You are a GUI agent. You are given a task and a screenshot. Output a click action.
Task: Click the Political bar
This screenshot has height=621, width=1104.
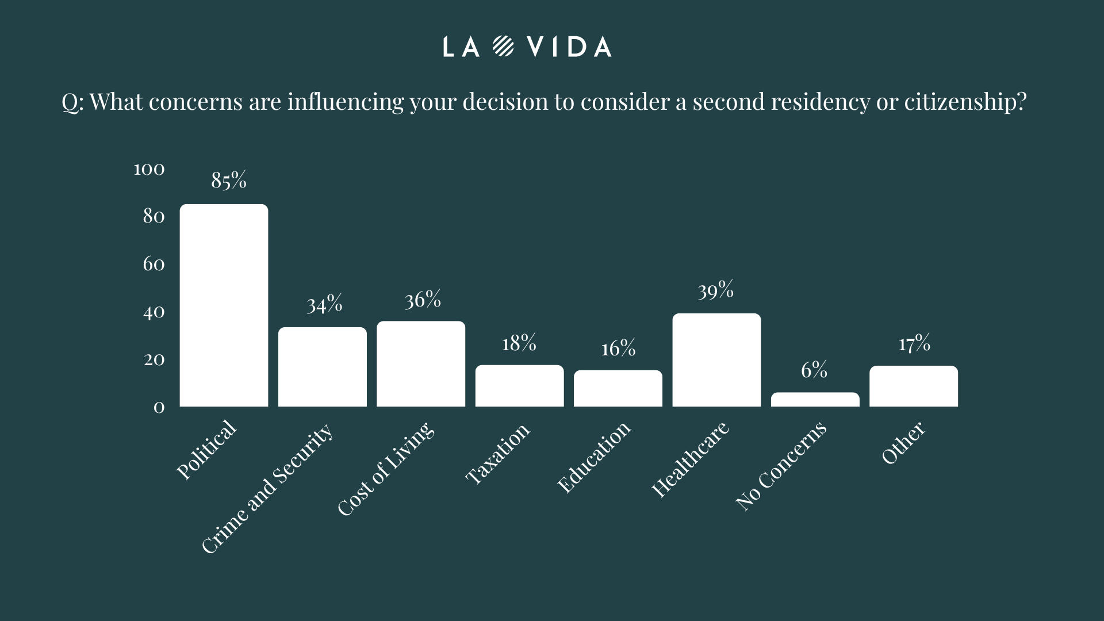tap(224, 305)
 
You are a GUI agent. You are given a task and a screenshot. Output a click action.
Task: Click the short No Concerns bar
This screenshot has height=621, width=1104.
tap(815, 400)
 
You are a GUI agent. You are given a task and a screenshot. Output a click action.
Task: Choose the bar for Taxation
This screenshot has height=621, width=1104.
tap(519, 386)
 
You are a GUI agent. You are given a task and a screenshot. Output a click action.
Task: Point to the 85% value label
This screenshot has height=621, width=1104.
tap(229, 180)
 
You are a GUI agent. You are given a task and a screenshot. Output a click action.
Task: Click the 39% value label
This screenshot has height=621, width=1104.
tap(716, 290)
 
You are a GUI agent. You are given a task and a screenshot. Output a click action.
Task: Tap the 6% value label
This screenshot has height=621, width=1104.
tap(814, 370)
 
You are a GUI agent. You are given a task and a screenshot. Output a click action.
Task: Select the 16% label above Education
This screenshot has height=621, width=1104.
tap(618, 348)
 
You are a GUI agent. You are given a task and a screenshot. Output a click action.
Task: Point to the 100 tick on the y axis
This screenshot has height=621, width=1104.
tap(149, 169)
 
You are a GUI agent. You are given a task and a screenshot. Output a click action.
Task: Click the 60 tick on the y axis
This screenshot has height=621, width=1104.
tap(154, 264)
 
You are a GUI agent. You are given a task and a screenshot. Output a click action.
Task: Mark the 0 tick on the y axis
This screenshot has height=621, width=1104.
tap(159, 407)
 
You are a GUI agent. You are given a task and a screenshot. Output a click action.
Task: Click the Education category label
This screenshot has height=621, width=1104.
tap(594, 457)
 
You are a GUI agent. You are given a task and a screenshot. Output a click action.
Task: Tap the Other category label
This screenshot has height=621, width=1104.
tap(903, 443)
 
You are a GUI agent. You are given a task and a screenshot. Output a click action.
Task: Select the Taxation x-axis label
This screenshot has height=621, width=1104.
tap(497, 454)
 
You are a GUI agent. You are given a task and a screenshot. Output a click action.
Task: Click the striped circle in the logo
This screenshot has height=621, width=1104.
tap(503, 47)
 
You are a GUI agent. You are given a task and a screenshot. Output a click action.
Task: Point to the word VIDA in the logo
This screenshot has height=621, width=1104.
tap(569, 47)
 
